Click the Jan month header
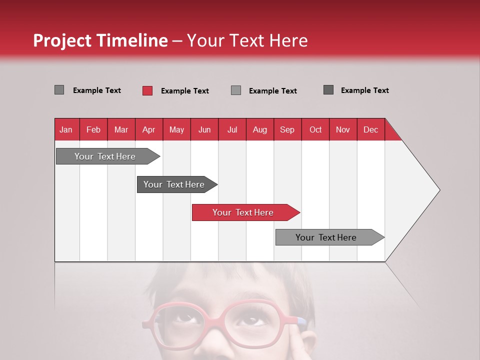66,129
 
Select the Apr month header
148,129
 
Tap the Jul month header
232,129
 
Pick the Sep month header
287,129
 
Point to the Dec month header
370,129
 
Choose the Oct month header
315,129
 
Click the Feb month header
93,129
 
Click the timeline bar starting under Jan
105,156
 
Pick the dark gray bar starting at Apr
174,184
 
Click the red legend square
147,90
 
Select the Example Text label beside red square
185,91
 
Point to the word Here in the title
288,41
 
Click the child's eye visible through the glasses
248,320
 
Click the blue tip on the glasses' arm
301,320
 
